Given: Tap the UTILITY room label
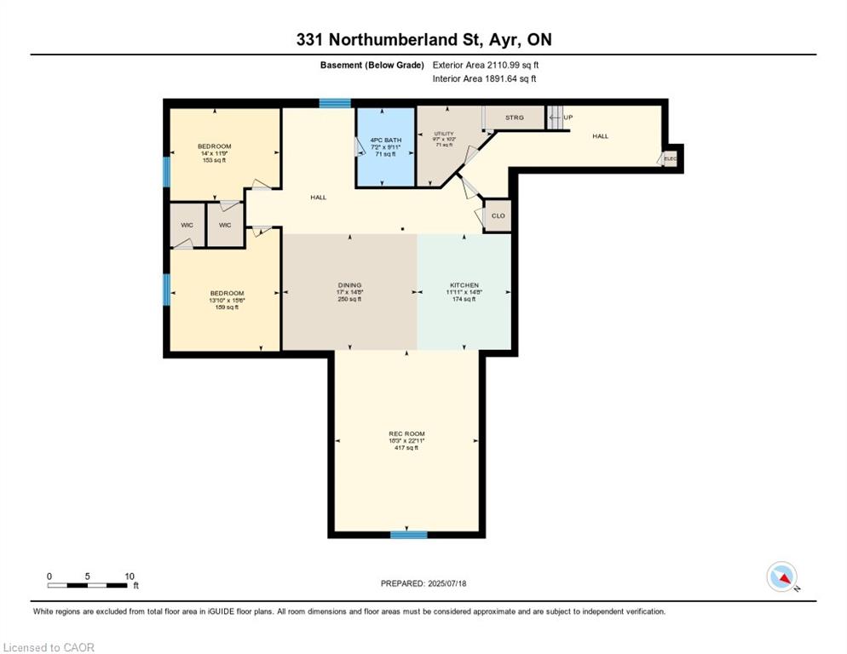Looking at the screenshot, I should (445, 134).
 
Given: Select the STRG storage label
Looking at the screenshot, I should (514, 118).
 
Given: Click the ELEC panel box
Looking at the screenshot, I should (670, 158).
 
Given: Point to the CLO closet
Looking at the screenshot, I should (498, 216).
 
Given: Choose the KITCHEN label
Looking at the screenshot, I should (464, 285).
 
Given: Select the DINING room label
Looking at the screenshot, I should (349, 285).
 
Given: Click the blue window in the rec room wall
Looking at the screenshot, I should (408, 535).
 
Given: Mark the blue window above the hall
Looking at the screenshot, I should (335, 103).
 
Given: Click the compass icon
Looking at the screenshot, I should (781, 577).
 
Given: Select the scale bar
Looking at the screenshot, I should (89, 584).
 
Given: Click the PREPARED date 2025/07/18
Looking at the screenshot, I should (424, 583).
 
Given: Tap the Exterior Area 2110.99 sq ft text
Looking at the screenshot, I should (486, 65).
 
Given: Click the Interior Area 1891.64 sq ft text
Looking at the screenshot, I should (484, 79).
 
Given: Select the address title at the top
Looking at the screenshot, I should (423, 39).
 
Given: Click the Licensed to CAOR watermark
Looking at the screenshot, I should (49, 647).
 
